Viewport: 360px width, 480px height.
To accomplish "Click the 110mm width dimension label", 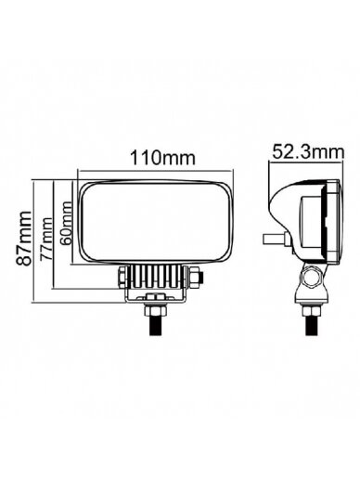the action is [x=162, y=158].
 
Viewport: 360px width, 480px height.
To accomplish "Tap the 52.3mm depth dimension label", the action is [x=308, y=152].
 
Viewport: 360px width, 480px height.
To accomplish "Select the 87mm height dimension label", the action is [x=23, y=239].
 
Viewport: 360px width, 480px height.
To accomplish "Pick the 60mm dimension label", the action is [x=66, y=223].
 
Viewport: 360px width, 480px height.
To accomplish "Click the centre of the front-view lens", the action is [x=156, y=223].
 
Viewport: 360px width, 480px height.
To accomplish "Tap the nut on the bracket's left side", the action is [x=122, y=277].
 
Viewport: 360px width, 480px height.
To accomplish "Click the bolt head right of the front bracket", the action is [x=196, y=277].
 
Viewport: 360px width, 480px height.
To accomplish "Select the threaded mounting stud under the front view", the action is [x=157, y=324].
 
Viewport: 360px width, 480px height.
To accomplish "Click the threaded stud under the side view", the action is [x=312, y=325].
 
